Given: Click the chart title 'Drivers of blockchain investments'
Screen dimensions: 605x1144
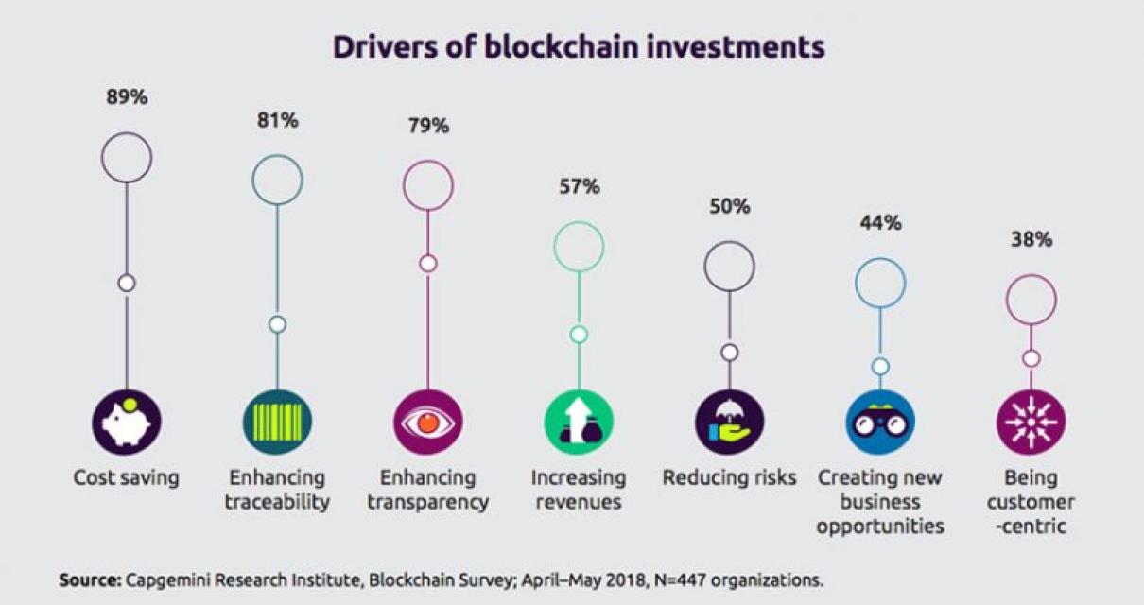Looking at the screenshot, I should tap(578, 47).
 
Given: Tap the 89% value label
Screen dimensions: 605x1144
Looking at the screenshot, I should tap(126, 98).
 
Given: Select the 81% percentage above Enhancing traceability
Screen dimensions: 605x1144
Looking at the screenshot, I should tap(277, 120).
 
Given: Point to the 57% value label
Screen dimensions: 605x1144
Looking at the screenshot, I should tap(579, 186).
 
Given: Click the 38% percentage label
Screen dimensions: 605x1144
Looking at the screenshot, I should tap(1031, 239).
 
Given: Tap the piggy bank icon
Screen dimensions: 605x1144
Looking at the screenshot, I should tap(126, 423).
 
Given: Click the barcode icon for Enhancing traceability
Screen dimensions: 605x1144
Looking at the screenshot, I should tap(277, 423).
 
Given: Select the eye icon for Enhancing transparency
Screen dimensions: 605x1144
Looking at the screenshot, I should tap(427, 423).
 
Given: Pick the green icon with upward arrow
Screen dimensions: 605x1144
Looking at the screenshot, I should tap(579, 423).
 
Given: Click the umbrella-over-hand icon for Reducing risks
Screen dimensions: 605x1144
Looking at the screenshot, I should tap(729, 423).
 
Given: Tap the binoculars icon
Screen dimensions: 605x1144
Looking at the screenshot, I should tap(880, 423).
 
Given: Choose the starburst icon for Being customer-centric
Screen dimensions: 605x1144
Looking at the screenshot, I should tap(1031, 423).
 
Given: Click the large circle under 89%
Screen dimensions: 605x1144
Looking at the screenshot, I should tap(126, 158).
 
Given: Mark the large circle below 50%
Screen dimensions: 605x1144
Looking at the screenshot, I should tap(729, 266).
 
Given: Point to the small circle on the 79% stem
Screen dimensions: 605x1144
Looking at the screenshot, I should tap(427, 264).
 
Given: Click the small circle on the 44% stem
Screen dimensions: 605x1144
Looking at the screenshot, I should tap(880, 366).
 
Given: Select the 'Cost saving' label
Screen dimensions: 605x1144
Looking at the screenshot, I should tap(126, 477).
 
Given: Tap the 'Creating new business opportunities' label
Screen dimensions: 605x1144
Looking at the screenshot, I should tap(880, 501).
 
